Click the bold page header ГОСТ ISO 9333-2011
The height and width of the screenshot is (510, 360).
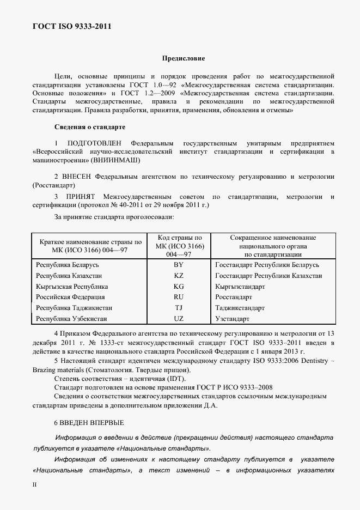click(68, 26)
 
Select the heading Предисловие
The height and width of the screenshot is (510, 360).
click(184, 58)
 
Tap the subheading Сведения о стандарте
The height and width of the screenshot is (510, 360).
click(90, 127)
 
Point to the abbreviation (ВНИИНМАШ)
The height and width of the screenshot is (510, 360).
click(118, 160)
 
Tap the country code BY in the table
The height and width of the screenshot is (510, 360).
click(179, 265)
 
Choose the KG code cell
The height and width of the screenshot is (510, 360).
click(179, 286)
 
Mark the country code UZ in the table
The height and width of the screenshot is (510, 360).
click(179, 318)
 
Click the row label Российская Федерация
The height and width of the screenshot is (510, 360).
click(70, 297)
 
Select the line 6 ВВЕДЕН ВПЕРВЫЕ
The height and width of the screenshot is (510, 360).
click(89, 422)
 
